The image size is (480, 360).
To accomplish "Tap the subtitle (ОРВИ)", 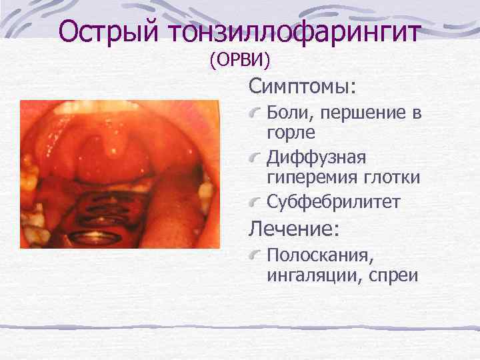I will click(239, 61).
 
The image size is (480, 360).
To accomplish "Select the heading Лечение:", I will click(294, 229).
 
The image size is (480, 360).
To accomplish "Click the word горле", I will click(291, 133).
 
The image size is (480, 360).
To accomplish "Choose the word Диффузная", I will click(316, 158).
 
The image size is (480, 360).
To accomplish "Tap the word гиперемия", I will click(313, 177).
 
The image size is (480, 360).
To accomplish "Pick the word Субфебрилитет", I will click(333, 202).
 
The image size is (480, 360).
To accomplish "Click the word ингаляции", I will click(309, 274).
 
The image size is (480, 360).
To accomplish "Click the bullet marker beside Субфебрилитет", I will click(255, 200).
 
